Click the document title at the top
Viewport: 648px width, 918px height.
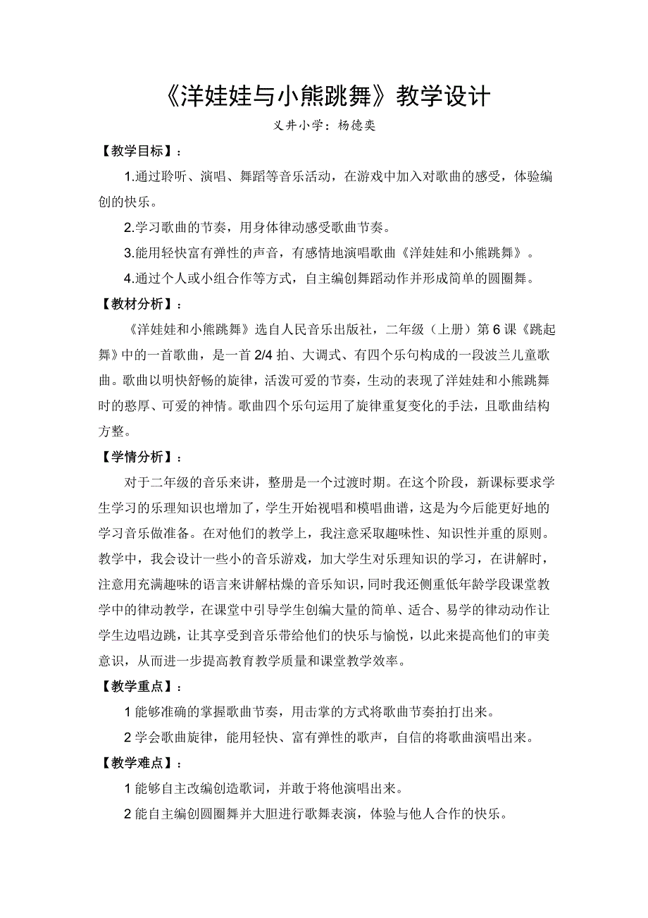324,97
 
